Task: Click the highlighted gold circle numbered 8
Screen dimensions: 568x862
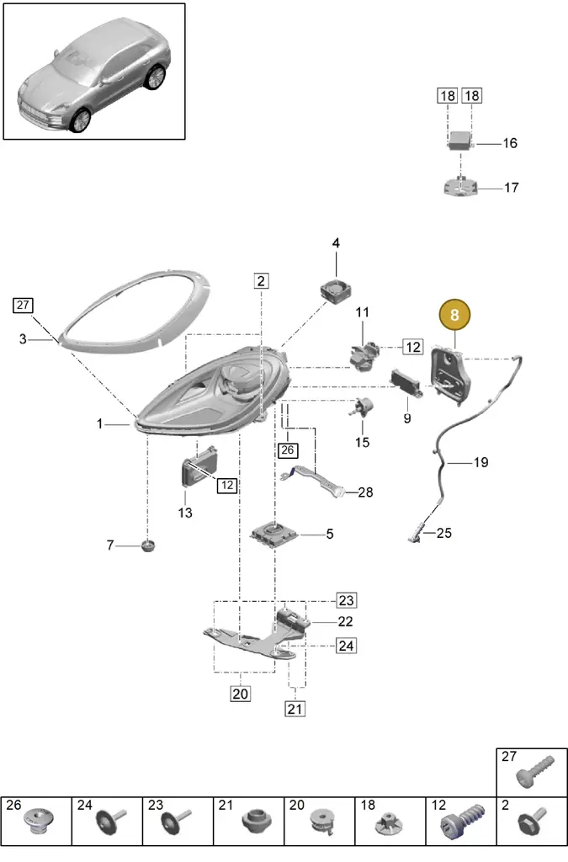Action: tap(454, 315)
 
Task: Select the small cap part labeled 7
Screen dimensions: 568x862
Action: tap(148, 545)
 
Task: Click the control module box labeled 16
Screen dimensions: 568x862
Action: tap(461, 141)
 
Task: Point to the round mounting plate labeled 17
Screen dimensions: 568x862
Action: tap(460, 187)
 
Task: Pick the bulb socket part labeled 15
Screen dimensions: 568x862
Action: tap(362, 407)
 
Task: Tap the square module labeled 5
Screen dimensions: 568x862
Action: tap(273, 535)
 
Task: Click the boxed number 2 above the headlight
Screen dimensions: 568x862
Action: tap(261, 281)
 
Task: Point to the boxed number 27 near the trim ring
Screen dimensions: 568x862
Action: tap(23, 305)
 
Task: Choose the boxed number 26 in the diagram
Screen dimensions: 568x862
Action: tap(287, 450)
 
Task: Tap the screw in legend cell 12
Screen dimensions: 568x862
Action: tap(463, 822)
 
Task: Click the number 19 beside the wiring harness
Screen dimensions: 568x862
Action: tap(480, 462)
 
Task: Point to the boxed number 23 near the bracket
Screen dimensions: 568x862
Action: tap(346, 600)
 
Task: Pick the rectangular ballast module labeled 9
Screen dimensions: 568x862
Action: tap(406, 383)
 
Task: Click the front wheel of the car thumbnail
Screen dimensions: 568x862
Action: tap(82, 121)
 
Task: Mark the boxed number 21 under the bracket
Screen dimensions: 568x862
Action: tap(295, 709)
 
